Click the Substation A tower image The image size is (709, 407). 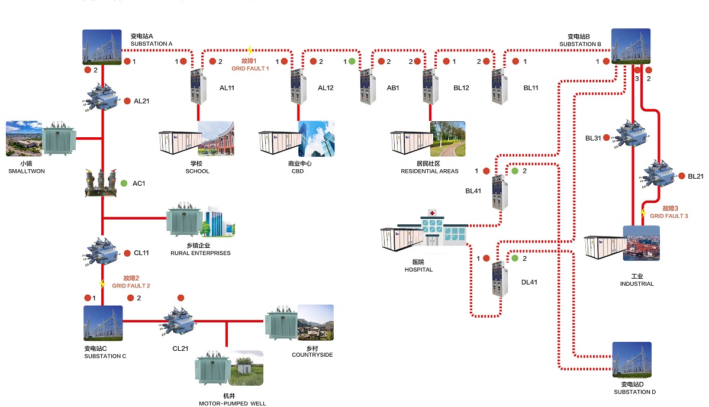pyautogui.click(x=102, y=47)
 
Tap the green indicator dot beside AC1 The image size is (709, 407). pyautogui.click(x=124, y=183)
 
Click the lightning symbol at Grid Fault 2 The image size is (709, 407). pyautogui.click(x=102, y=284)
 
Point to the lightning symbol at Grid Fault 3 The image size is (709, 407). pyautogui.click(x=643, y=212)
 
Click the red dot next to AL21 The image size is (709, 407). pyautogui.click(x=127, y=101)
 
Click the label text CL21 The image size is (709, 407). pyautogui.click(x=181, y=348)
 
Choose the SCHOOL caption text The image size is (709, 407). pyautogui.click(x=197, y=172)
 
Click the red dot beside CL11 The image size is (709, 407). pyautogui.click(x=127, y=253)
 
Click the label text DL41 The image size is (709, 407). pyautogui.click(x=529, y=283)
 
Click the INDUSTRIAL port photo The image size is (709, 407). pyautogui.click(x=642, y=243)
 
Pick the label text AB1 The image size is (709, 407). pyautogui.click(x=393, y=88)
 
